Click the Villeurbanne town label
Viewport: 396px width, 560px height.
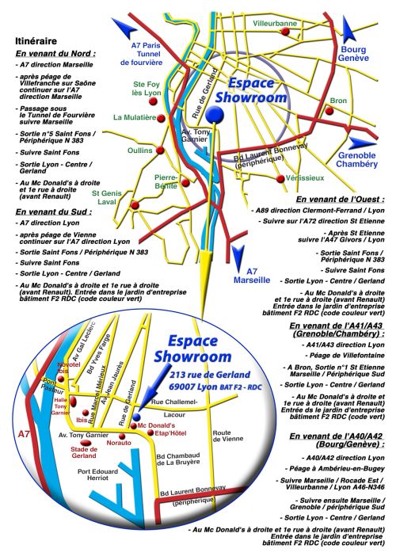click(275, 24)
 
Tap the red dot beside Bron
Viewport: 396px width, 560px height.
click(329, 111)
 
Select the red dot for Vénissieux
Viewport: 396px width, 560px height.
click(280, 178)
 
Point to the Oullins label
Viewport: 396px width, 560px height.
click(140, 150)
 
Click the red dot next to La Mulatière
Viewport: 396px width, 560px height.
click(161, 118)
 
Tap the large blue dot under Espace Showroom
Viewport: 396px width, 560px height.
click(215, 114)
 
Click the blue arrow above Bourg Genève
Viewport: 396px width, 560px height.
click(348, 29)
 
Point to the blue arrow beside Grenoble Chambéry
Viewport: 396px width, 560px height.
click(362, 143)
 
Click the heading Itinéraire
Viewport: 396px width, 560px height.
click(36, 41)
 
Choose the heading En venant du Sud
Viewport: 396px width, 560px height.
click(54, 211)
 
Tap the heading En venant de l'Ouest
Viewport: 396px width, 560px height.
click(341, 199)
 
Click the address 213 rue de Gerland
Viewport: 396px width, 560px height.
click(210, 375)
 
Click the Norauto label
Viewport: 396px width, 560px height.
click(119, 443)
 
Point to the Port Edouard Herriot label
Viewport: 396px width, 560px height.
click(97, 474)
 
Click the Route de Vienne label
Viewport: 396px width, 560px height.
click(228, 436)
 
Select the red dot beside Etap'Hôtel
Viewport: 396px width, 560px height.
click(150, 432)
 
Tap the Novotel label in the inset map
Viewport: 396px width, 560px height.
click(69, 364)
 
